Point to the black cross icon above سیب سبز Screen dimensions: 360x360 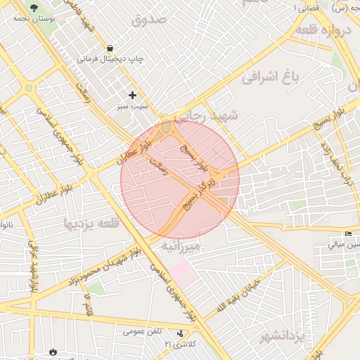(132, 94)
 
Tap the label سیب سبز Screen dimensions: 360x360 (132, 106)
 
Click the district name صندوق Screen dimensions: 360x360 (150, 19)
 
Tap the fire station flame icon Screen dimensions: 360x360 (54, 351)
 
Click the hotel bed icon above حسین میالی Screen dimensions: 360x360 (348, 234)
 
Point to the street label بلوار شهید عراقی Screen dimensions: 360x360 (33, 267)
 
